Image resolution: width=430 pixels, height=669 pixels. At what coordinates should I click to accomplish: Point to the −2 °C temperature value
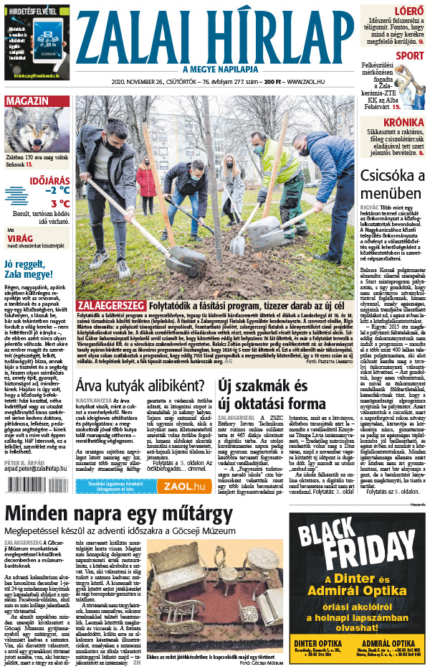(57, 191)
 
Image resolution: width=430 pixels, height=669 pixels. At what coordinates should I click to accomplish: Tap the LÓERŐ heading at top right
(409, 11)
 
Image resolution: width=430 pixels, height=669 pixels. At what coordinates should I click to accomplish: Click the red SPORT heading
(409, 55)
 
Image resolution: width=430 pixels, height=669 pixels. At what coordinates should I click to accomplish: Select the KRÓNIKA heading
(402, 122)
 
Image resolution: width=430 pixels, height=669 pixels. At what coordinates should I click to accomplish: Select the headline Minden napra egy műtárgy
(118, 515)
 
